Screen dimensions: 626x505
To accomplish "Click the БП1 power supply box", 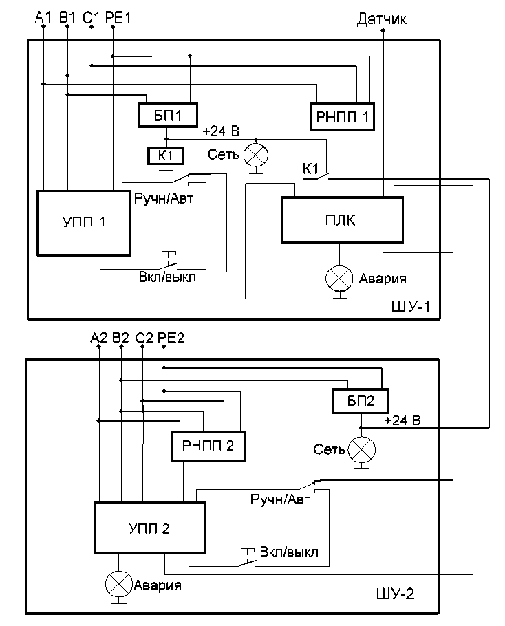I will [x=168, y=115].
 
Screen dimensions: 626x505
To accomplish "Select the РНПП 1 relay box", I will [x=341, y=116].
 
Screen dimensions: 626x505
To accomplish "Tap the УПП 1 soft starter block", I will [x=83, y=222].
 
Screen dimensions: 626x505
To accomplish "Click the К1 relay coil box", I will [x=166, y=156].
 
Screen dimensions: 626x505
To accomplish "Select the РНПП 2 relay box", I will [x=208, y=446].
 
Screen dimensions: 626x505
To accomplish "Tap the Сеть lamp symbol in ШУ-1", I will [x=257, y=152].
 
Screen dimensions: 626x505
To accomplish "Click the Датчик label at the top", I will [x=382, y=19].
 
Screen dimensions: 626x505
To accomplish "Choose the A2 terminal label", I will [x=99, y=338].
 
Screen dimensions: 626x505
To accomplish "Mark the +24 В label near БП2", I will [x=402, y=420].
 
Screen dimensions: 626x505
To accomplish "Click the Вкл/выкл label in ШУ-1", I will [x=167, y=278].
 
